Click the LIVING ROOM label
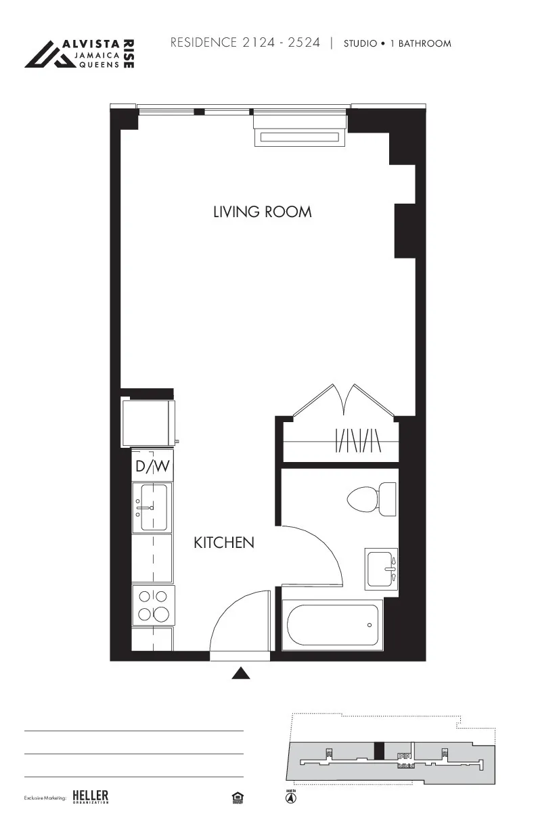(x=263, y=212)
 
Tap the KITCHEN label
(x=224, y=543)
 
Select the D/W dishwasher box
(x=153, y=466)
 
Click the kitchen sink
(x=153, y=507)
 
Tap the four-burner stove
(x=153, y=605)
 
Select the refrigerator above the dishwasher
(x=148, y=423)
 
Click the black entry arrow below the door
(x=242, y=673)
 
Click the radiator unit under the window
(x=298, y=137)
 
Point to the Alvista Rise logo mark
(x=49, y=54)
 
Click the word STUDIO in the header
(x=360, y=43)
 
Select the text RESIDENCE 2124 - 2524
(x=245, y=43)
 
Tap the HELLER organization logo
(x=90, y=797)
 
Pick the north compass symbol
(x=290, y=798)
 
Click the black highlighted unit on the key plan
(x=379, y=751)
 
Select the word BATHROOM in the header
(x=424, y=43)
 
